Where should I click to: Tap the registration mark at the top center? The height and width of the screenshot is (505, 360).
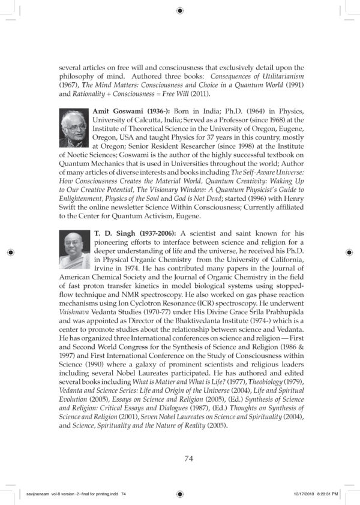coord(180,10)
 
